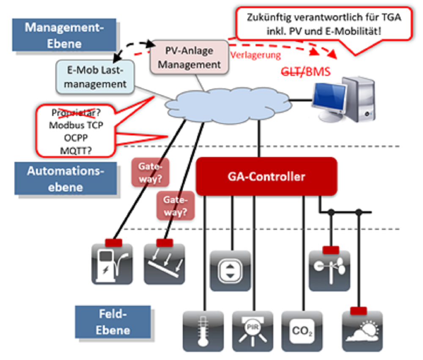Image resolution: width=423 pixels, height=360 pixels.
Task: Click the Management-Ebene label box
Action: [64, 35]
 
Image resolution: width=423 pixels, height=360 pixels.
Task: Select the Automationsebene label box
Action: [66, 179]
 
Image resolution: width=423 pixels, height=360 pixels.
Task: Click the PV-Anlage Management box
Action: [190, 58]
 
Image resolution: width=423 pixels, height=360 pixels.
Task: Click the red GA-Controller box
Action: [266, 176]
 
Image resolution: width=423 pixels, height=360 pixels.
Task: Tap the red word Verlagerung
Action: [255, 55]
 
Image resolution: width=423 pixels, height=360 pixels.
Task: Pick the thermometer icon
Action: [203, 332]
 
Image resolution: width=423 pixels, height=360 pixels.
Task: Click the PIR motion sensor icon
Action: [253, 332]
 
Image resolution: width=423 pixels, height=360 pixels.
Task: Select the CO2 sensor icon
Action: [302, 332]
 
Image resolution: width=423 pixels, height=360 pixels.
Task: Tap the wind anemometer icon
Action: [329, 271]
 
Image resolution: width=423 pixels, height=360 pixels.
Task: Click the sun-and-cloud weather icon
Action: [362, 332]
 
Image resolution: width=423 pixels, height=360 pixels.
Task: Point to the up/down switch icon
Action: [231, 271]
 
